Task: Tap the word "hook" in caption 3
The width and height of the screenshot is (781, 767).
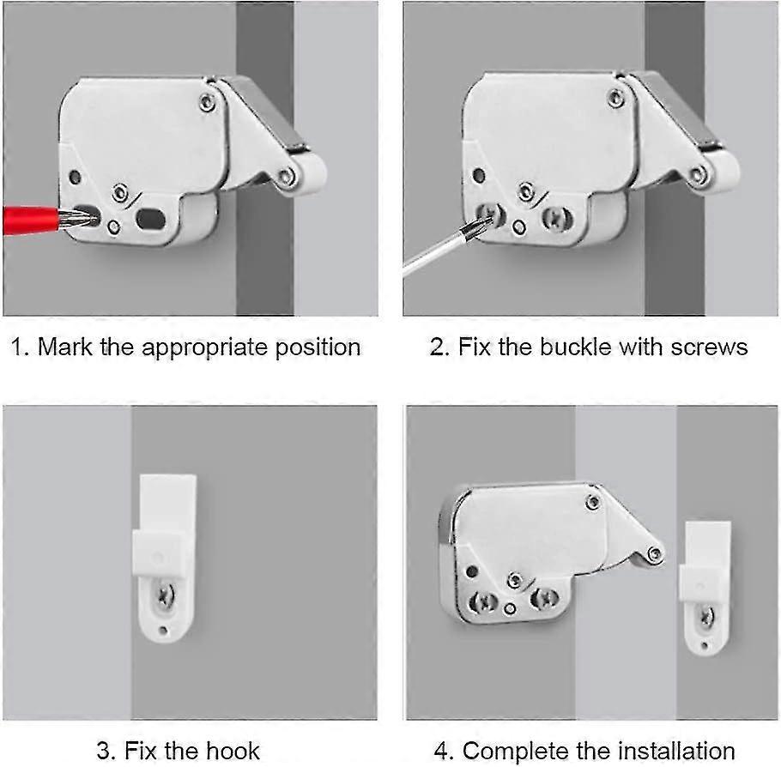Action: click(x=231, y=751)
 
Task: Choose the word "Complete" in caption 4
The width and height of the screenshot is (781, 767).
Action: click(x=519, y=751)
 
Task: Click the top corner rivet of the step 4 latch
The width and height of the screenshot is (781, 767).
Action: click(x=590, y=501)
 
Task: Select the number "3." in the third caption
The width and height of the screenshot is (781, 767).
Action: click(x=106, y=751)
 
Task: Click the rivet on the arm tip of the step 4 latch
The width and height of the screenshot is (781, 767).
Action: click(x=654, y=554)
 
